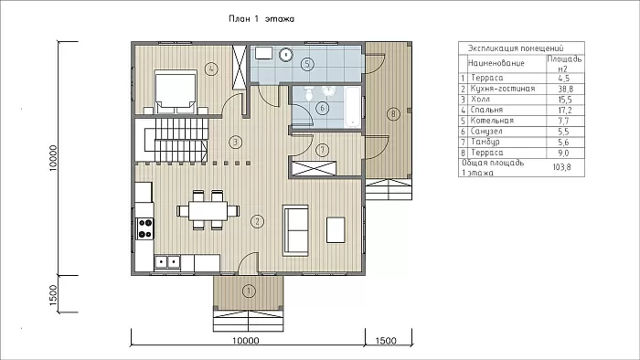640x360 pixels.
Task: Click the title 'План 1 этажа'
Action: (x=261, y=19)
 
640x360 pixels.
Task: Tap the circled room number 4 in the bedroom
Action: (x=211, y=69)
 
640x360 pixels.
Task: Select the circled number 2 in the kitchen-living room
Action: (x=257, y=221)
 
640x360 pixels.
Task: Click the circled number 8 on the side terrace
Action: (x=393, y=113)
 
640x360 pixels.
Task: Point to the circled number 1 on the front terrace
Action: (x=249, y=291)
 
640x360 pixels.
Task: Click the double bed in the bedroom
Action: (x=176, y=91)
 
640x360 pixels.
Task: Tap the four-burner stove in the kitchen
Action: (x=145, y=228)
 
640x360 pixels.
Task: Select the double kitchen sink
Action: (x=167, y=261)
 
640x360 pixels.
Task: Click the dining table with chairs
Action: (x=208, y=210)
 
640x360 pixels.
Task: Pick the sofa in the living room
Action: (x=296, y=230)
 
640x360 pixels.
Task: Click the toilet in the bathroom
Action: (x=309, y=93)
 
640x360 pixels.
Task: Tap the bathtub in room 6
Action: (x=352, y=106)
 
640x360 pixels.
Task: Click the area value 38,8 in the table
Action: (x=565, y=89)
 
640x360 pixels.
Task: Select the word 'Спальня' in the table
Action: (x=486, y=110)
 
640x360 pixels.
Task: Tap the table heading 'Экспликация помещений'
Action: (x=516, y=48)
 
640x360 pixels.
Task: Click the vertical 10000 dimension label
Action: (x=53, y=158)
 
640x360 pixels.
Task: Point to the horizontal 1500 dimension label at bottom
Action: (x=386, y=341)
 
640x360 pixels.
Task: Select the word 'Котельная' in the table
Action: (x=492, y=121)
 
